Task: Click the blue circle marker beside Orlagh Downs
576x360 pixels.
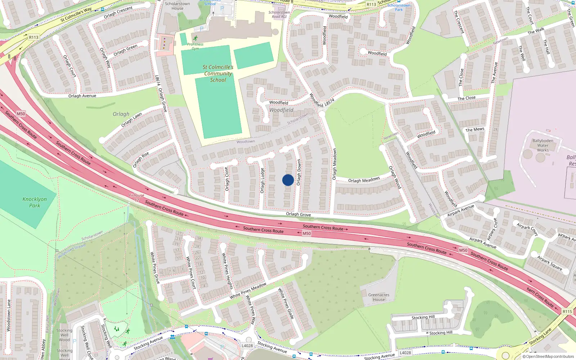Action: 288,180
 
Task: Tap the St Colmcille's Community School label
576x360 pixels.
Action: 218,73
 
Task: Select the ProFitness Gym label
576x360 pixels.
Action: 195,46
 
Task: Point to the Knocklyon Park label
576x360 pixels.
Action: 35,202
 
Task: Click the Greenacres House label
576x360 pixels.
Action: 379,297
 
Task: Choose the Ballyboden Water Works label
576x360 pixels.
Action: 543,145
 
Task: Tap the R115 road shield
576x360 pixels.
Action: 567,311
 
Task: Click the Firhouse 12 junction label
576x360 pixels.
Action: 136,198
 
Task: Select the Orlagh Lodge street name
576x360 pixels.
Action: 262,180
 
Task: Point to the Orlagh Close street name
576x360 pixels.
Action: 227,179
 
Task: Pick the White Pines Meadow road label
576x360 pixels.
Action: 248,291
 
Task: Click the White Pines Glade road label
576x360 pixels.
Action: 286,303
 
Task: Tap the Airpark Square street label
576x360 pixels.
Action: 549,263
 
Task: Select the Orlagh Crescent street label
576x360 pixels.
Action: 118,13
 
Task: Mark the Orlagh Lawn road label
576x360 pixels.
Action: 131,120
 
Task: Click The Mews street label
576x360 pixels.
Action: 475,130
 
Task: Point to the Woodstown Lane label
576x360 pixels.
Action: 9,315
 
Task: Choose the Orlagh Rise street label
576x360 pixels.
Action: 141,160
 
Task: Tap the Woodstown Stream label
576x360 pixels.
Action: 72,251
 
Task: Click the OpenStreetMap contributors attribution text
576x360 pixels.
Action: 548,356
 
